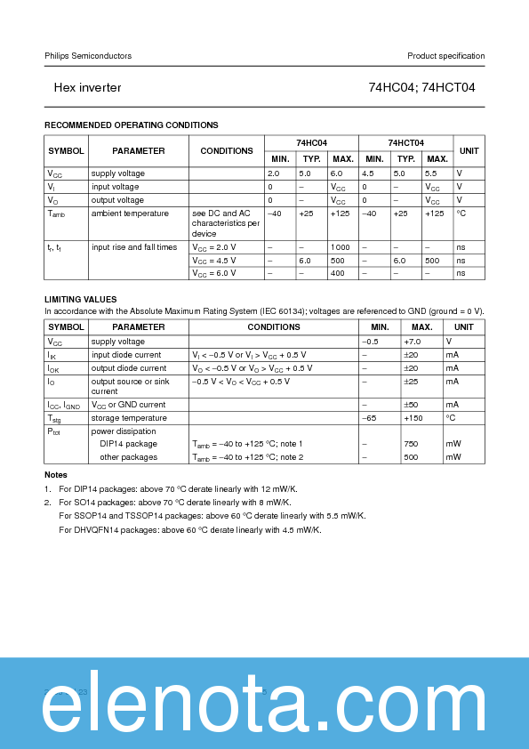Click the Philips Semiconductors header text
88,56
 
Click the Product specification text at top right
445,56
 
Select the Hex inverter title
87,88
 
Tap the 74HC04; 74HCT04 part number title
421,88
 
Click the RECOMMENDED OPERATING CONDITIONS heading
132,125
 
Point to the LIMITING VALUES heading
81,299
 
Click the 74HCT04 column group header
405,142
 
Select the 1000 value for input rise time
340,247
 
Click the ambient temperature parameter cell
130,213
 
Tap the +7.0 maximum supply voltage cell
412,342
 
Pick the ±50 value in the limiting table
412,405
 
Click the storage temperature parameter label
129,418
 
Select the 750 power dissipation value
411,444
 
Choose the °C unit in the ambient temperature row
461,213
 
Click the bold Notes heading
56,475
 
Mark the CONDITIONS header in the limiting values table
273,327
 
